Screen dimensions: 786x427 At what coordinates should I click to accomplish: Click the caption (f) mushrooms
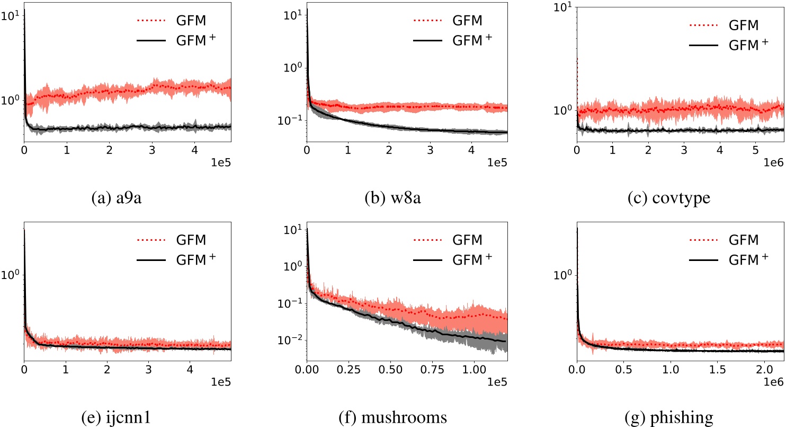(x=393, y=417)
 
